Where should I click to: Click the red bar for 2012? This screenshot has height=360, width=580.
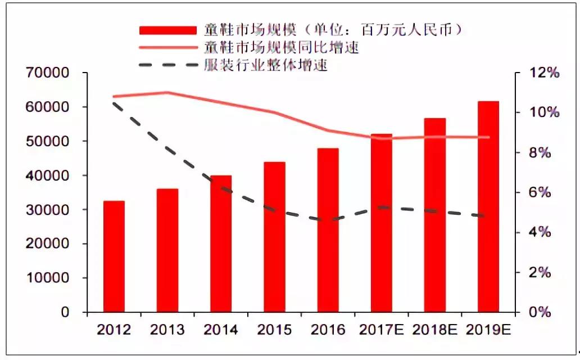click(x=114, y=256)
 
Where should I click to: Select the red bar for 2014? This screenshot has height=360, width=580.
click(x=221, y=244)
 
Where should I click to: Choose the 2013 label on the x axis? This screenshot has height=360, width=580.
click(x=167, y=330)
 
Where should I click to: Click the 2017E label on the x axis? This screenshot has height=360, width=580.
click(x=382, y=330)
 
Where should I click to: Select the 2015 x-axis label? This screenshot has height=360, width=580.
click(x=274, y=330)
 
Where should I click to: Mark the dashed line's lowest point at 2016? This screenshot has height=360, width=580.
click(x=328, y=220)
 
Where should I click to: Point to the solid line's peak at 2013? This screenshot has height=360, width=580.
click(x=167, y=92)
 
